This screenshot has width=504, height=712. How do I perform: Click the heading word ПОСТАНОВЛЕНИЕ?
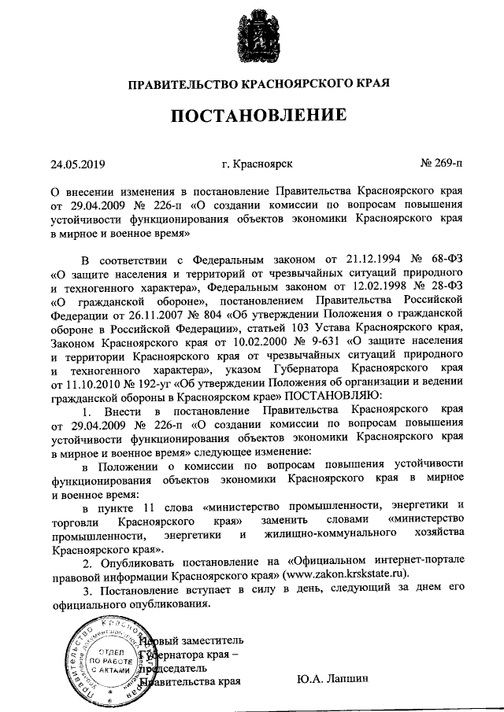[x=260, y=116]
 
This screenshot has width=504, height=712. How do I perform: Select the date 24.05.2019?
[x=77, y=165]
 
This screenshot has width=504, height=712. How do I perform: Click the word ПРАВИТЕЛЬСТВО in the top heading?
[x=178, y=83]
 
